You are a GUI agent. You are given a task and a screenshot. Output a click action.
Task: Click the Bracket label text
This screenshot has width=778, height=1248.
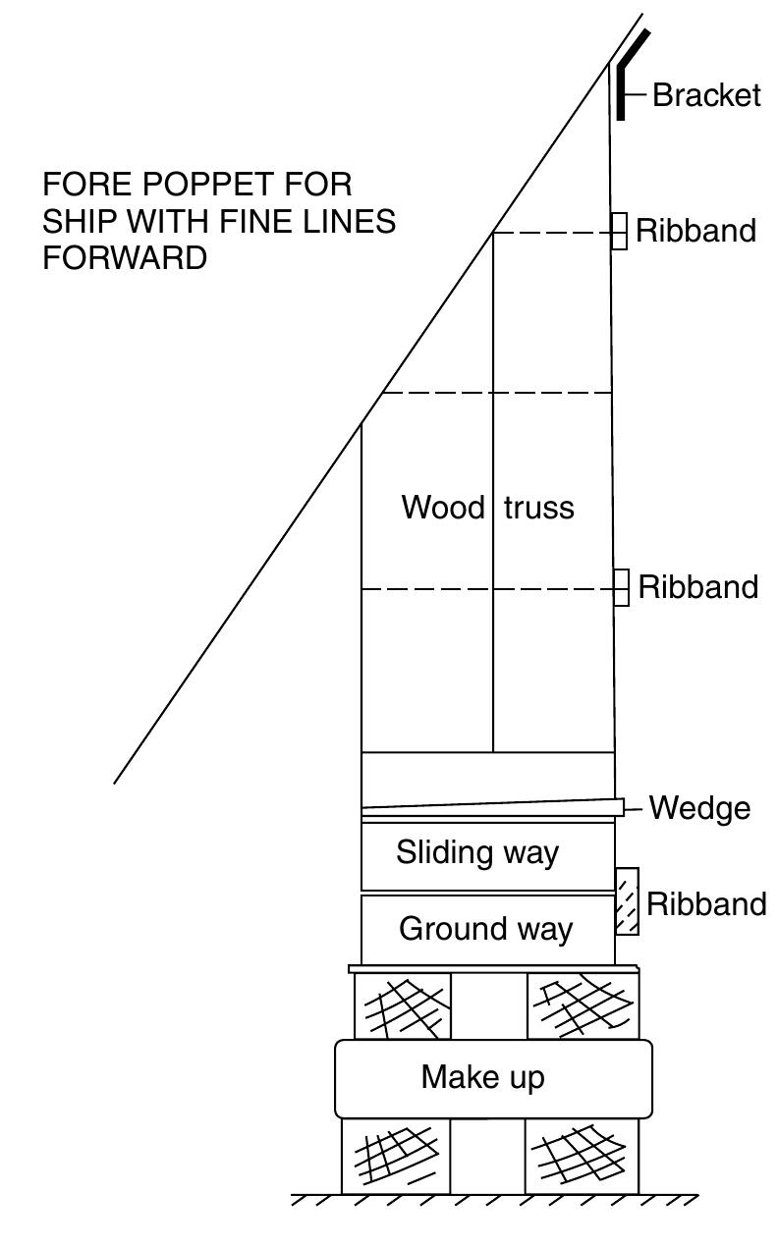[706, 95]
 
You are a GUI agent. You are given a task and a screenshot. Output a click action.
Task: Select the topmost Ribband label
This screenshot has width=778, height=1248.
[696, 231]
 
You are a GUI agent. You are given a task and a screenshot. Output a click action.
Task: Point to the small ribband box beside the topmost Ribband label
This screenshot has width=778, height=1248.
[619, 232]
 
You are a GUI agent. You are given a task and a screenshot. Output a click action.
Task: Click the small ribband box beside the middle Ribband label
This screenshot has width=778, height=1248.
[621, 587]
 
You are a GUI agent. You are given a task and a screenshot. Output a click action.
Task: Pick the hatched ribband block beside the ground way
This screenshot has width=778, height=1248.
[627, 901]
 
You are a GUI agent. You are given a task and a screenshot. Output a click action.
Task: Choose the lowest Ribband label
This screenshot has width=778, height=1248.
[706, 904]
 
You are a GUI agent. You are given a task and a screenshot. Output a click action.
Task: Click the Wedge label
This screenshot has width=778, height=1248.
[699, 808]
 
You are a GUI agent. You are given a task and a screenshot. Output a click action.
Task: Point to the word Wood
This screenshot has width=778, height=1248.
[443, 508]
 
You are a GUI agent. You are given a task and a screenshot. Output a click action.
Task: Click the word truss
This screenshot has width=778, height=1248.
[539, 508]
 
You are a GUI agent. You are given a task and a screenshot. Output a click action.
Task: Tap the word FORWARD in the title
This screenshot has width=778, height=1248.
[125, 257]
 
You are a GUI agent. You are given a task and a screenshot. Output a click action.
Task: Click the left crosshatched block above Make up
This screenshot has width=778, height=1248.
[403, 1006]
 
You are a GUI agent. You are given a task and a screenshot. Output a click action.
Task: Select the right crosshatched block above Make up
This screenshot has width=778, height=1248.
[583, 1006]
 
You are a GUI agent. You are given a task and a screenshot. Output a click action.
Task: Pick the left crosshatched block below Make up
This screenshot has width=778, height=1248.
[396, 1156]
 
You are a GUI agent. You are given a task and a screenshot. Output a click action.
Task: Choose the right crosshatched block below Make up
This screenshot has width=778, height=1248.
[582, 1156]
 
